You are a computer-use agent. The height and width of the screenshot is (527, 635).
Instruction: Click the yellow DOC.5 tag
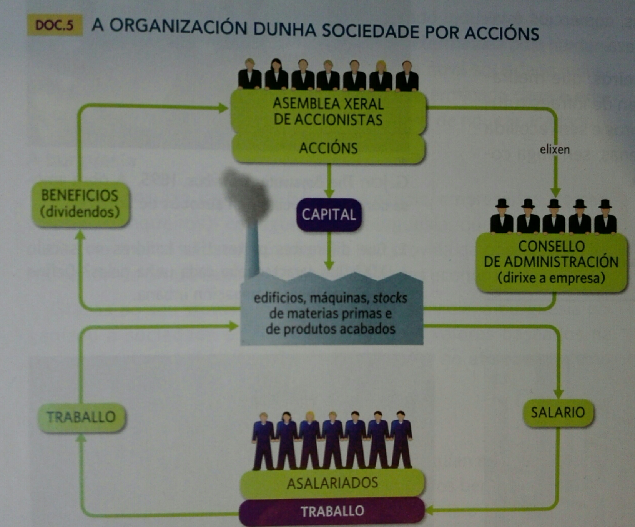click(x=54, y=25)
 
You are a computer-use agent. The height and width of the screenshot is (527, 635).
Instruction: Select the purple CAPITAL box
click(x=329, y=215)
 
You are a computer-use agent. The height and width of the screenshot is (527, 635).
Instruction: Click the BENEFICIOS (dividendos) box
click(x=80, y=204)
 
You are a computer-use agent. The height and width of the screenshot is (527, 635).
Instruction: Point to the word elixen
click(x=554, y=150)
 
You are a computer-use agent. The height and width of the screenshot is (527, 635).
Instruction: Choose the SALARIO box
click(x=558, y=413)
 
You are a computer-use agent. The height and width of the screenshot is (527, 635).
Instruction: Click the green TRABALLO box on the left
click(x=81, y=417)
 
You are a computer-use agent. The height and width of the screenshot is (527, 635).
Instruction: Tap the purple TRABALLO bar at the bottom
click(x=332, y=511)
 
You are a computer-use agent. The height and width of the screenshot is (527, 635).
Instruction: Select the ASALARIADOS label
click(x=332, y=483)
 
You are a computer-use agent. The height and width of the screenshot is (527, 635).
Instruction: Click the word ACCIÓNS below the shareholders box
click(x=328, y=148)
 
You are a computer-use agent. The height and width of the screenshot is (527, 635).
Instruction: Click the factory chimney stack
click(x=252, y=250)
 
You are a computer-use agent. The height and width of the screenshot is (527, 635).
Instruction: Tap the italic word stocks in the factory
click(x=390, y=298)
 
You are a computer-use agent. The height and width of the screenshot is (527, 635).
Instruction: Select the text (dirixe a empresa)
click(x=551, y=278)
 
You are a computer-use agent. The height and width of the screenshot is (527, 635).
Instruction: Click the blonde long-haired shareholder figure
click(x=381, y=76)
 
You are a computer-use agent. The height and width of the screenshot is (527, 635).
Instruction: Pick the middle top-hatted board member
click(x=554, y=217)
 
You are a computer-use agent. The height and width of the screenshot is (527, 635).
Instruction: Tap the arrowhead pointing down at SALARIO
click(x=558, y=394)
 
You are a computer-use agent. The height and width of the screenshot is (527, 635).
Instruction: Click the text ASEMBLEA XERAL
click(x=328, y=104)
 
